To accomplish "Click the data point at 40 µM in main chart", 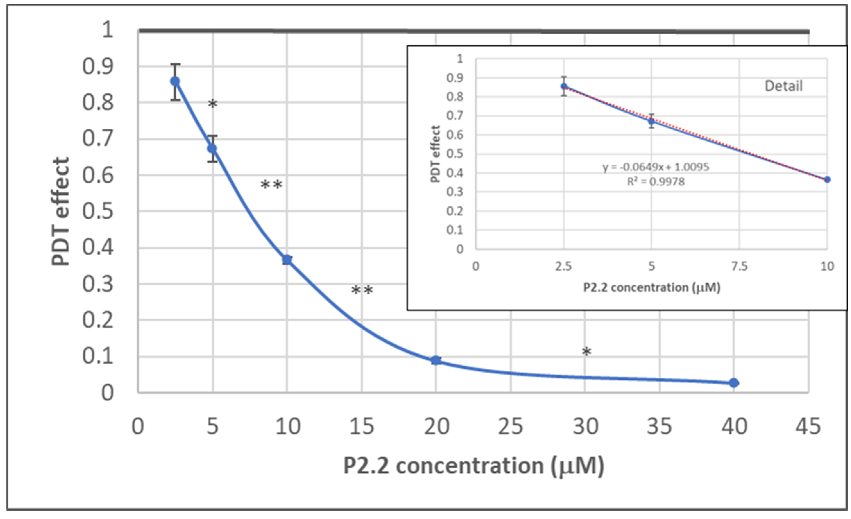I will click(734, 383).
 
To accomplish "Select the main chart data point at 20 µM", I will click(436, 360).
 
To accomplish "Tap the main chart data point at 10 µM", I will click(287, 260).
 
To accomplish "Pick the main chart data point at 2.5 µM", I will click(175, 81).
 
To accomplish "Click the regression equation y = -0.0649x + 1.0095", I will click(655, 167).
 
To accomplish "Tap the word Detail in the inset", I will click(783, 86).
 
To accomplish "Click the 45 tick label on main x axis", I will click(808, 426).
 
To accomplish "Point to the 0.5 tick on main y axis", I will click(97, 211).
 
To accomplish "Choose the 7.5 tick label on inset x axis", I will click(739, 266).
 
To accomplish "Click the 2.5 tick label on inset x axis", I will click(563, 266).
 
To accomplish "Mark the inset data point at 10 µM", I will click(827, 179).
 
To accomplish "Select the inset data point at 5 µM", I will click(651, 121).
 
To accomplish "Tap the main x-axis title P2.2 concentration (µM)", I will click(474, 466).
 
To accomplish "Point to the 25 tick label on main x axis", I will click(510, 426).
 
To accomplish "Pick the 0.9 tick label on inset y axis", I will click(454, 78).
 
